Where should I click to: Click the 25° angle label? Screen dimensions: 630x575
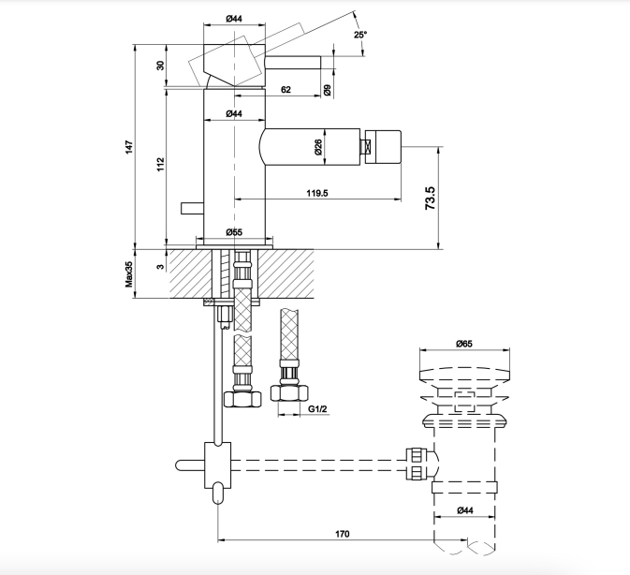360,35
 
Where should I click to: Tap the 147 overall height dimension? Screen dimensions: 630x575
128,147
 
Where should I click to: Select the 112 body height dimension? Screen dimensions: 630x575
160,164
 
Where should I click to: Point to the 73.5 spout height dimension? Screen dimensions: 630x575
430,198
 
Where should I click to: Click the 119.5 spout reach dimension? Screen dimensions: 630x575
317,193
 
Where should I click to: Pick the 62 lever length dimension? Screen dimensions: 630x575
286,89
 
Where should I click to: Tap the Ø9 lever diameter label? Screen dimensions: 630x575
327,90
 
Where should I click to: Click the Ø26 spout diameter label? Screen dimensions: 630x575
318,147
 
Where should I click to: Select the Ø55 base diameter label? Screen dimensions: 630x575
234,232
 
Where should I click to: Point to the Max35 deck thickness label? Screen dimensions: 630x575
128,274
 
